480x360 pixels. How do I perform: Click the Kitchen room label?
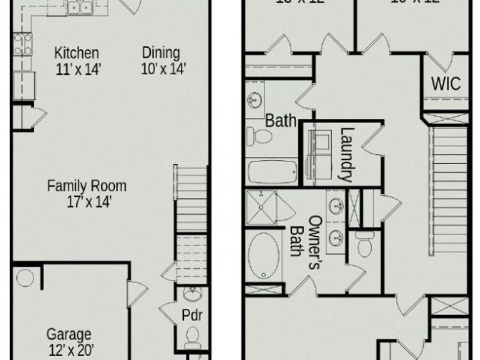(x=77, y=53)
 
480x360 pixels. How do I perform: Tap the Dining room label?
(x=161, y=53)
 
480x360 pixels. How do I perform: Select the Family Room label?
(x=87, y=186)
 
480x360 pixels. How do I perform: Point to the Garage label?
(x=69, y=334)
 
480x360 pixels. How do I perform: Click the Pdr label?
(x=192, y=315)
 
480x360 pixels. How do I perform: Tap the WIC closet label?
(x=445, y=84)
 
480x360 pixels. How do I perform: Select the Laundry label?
(x=347, y=154)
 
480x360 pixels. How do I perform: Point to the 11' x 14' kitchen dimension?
(x=78, y=69)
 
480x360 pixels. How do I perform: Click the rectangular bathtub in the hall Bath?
(x=272, y=171)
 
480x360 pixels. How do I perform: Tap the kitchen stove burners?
(x=23, y=44)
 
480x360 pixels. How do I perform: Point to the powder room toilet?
(x=193, y=337)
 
